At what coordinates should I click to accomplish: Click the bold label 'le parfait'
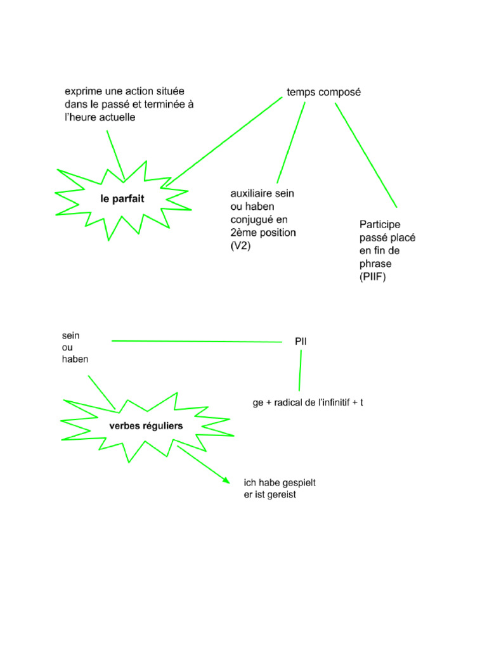[122, 198]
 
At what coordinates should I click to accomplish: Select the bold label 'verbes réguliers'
[146, 426]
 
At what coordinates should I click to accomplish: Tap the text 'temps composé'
[324, 93]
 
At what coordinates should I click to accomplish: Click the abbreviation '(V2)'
[240, 246]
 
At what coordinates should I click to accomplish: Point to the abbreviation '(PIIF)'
[373, 276]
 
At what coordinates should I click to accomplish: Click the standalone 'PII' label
[301, 342]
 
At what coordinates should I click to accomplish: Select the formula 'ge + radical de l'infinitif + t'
[308, 402]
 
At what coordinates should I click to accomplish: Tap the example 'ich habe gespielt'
[280, 482]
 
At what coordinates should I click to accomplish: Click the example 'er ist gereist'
[270, 494]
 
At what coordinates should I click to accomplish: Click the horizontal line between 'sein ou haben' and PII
[197, 342]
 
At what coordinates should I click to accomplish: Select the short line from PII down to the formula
[300, 370]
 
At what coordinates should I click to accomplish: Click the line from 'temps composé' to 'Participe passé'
[366, 155]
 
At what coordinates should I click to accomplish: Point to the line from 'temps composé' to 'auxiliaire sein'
[291, 143]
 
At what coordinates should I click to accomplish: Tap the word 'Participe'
[380, 225]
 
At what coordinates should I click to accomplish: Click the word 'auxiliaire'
[250, 193]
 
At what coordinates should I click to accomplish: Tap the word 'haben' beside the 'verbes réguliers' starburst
[75, 359]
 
